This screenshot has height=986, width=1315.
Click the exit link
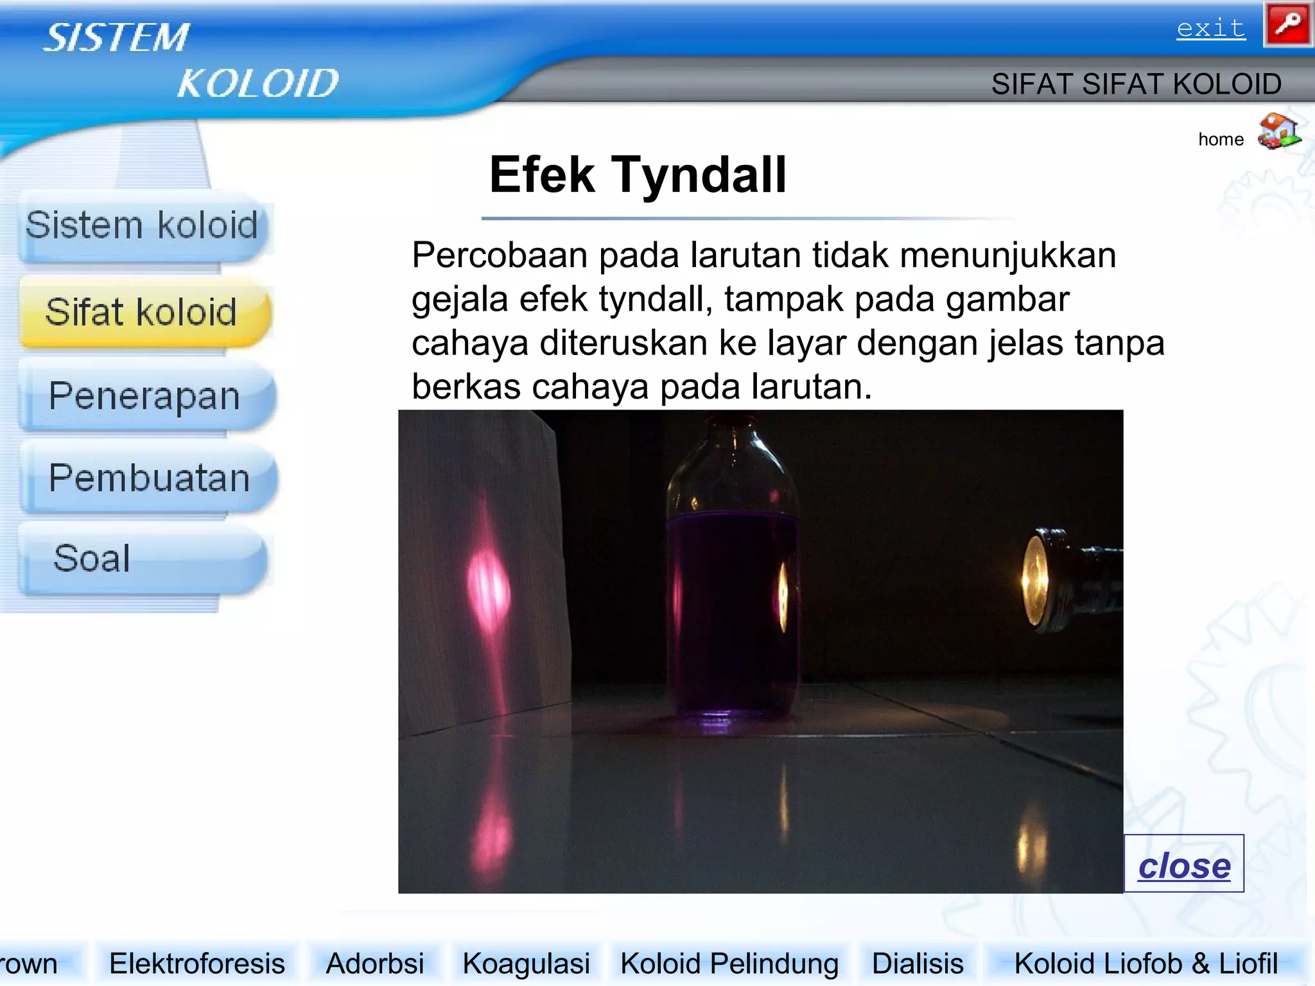[1210, 28]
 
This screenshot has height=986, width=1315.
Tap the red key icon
[1287, 24]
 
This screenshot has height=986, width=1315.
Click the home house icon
[1278, 131]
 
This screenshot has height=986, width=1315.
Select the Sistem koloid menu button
[143, 226]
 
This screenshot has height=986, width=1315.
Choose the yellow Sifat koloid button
[143, 313]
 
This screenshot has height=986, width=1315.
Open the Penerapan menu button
[145, 395]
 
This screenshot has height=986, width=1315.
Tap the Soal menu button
[141, 558]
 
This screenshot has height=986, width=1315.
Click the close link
[1184, 865]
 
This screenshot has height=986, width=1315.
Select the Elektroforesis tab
[196, 964]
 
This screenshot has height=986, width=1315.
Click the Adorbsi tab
[375, 964]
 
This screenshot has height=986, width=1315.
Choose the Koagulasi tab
[526, 964]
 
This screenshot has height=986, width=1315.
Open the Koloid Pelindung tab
[729, 964]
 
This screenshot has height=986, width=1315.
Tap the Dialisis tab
[918, 964]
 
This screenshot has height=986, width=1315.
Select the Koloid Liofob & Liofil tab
[1145, 964]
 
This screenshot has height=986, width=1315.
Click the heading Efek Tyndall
[638, 175]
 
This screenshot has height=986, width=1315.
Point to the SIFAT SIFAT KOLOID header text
[1136, 84]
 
